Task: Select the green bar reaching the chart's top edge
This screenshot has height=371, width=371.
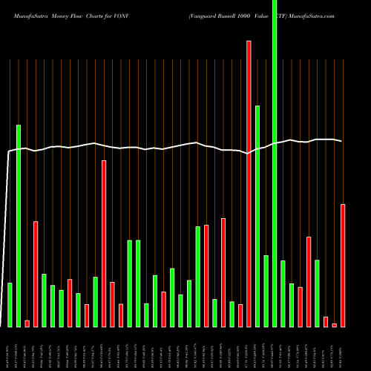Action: (x=275, y=163)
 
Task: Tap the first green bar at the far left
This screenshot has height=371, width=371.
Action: (x=10, y=305)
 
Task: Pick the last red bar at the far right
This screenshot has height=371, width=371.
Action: (x=343, y=266)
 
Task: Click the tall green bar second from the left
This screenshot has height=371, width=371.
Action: (x=19, y=226)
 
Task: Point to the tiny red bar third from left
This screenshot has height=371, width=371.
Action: (x=27, y=323)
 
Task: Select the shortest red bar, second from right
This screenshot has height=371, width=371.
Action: (x=334, y=325)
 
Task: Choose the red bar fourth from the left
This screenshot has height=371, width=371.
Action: (x=36, y=274)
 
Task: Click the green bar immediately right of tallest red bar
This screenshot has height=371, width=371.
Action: (x=257, y=216)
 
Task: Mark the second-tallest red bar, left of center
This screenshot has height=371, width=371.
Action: (x=104, y=243)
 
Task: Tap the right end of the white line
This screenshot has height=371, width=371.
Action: (x=341, y=141)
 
